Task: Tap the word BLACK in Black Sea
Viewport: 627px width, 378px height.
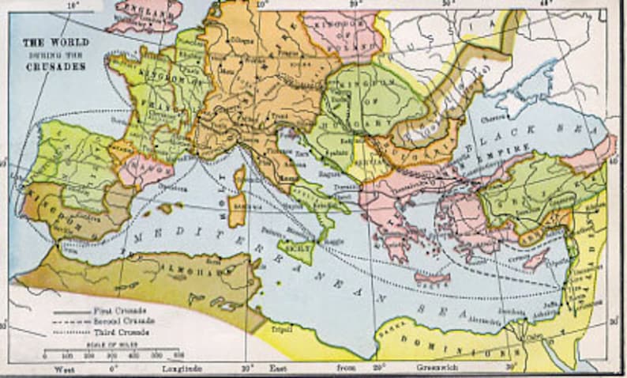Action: click(x=514, y=130)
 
